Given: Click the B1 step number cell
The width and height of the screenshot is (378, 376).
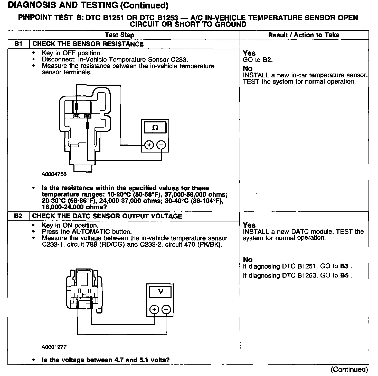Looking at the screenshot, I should click(x=18, y=44).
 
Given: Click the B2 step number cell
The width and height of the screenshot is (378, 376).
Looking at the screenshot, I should click(x=18, y=216).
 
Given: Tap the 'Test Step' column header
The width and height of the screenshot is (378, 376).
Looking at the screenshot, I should click(x=119, y=35).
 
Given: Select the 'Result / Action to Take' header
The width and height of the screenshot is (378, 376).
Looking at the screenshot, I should click(x=304, y=35).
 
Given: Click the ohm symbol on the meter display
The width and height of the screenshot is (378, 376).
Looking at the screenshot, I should click(x=155, y=128).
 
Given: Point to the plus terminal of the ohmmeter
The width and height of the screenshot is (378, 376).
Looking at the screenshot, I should click(x=149, y=145).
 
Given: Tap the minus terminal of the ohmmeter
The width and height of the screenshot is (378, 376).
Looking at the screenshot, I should click(x=161, y=145).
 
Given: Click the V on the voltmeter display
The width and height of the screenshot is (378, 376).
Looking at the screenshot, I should click(x=160, y=292).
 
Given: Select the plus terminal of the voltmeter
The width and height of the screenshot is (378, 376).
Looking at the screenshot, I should click(x=154, y=309).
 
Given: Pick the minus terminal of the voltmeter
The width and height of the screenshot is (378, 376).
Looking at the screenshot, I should click(x=166, y=309).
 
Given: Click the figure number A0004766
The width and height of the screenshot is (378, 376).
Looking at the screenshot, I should click(x=54, y=174).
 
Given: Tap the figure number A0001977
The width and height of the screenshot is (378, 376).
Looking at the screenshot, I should click(x=54, y=347).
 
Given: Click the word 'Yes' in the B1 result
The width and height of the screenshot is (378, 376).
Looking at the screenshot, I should click(x=249, y=53).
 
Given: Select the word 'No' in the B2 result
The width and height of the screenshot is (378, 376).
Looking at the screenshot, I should click(x=248, y=260).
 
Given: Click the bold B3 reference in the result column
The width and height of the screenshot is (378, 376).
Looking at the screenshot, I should click(x=344, y=266).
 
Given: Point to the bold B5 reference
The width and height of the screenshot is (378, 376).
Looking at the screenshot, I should click(x=344, y=275).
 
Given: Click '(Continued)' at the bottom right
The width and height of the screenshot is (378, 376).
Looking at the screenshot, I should click(x=349, y=370).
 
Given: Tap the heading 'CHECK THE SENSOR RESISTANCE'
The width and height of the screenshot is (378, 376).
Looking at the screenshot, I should click(x=88, y=44).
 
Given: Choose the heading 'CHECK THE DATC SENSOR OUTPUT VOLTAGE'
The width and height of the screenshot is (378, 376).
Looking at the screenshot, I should click(x=107, y=216).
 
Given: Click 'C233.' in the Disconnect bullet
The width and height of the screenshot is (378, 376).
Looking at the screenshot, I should click(x=179, y=60).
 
